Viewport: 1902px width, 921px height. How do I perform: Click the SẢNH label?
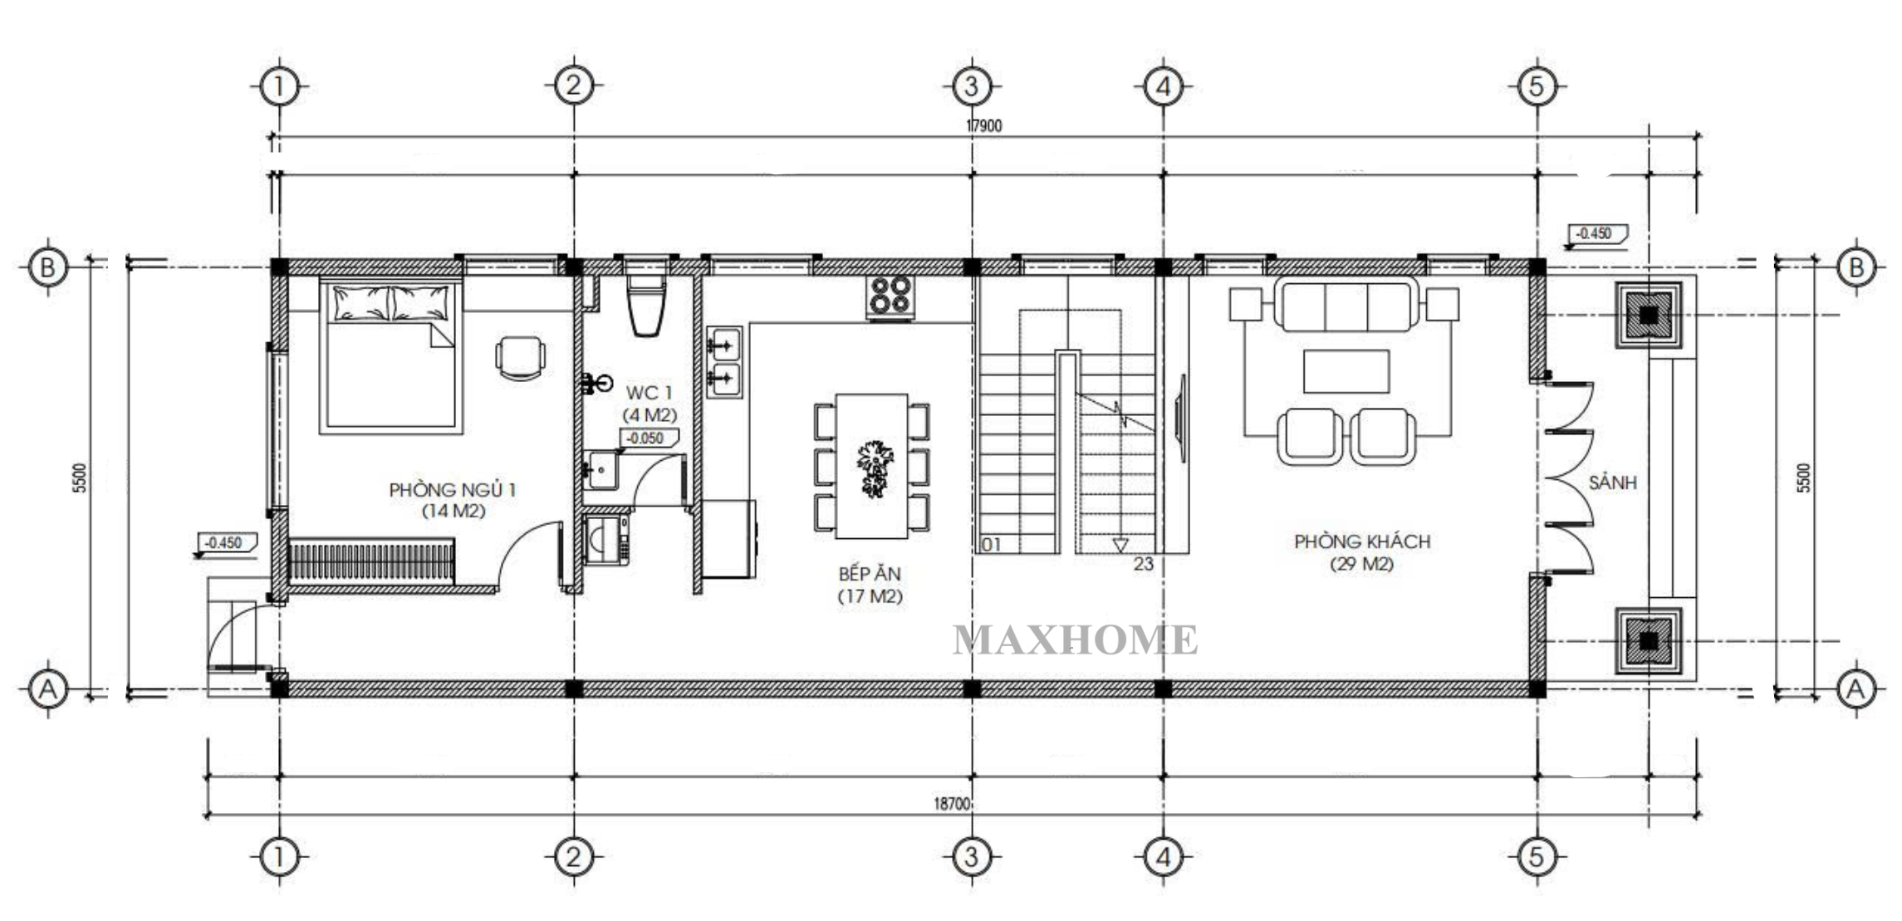click(x=1613, y=483)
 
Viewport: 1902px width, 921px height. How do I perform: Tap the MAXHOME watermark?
click(x=1076, y=640)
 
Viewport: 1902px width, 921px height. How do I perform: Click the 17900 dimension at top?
click(x=984, y=126)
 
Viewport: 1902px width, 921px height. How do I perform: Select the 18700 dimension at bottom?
click(x=952, y=804)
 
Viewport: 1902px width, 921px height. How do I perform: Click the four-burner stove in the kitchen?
click(x=890, y=296)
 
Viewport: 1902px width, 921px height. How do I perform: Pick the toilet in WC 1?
click(x=647, y=305)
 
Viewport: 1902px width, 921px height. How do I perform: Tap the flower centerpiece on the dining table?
click(x=874, y=468)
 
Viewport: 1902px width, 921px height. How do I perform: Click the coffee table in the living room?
click(x=1346, y=371)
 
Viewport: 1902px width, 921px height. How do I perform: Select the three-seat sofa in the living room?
click(x=1346, y=306)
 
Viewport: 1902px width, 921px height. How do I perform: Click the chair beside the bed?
click(x=521, y=358)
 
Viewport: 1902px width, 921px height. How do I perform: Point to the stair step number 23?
click(x=1144, y=564)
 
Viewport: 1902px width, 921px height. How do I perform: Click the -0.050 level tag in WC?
click(x=649, y=438)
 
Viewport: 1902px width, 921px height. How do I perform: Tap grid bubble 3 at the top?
click(x=971, y=86)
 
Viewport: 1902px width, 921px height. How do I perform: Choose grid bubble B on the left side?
click(x=47, y=267)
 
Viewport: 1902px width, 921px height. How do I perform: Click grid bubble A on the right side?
click(x=1856, y=688)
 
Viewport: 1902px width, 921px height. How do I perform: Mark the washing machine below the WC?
click(x=606, y=540)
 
